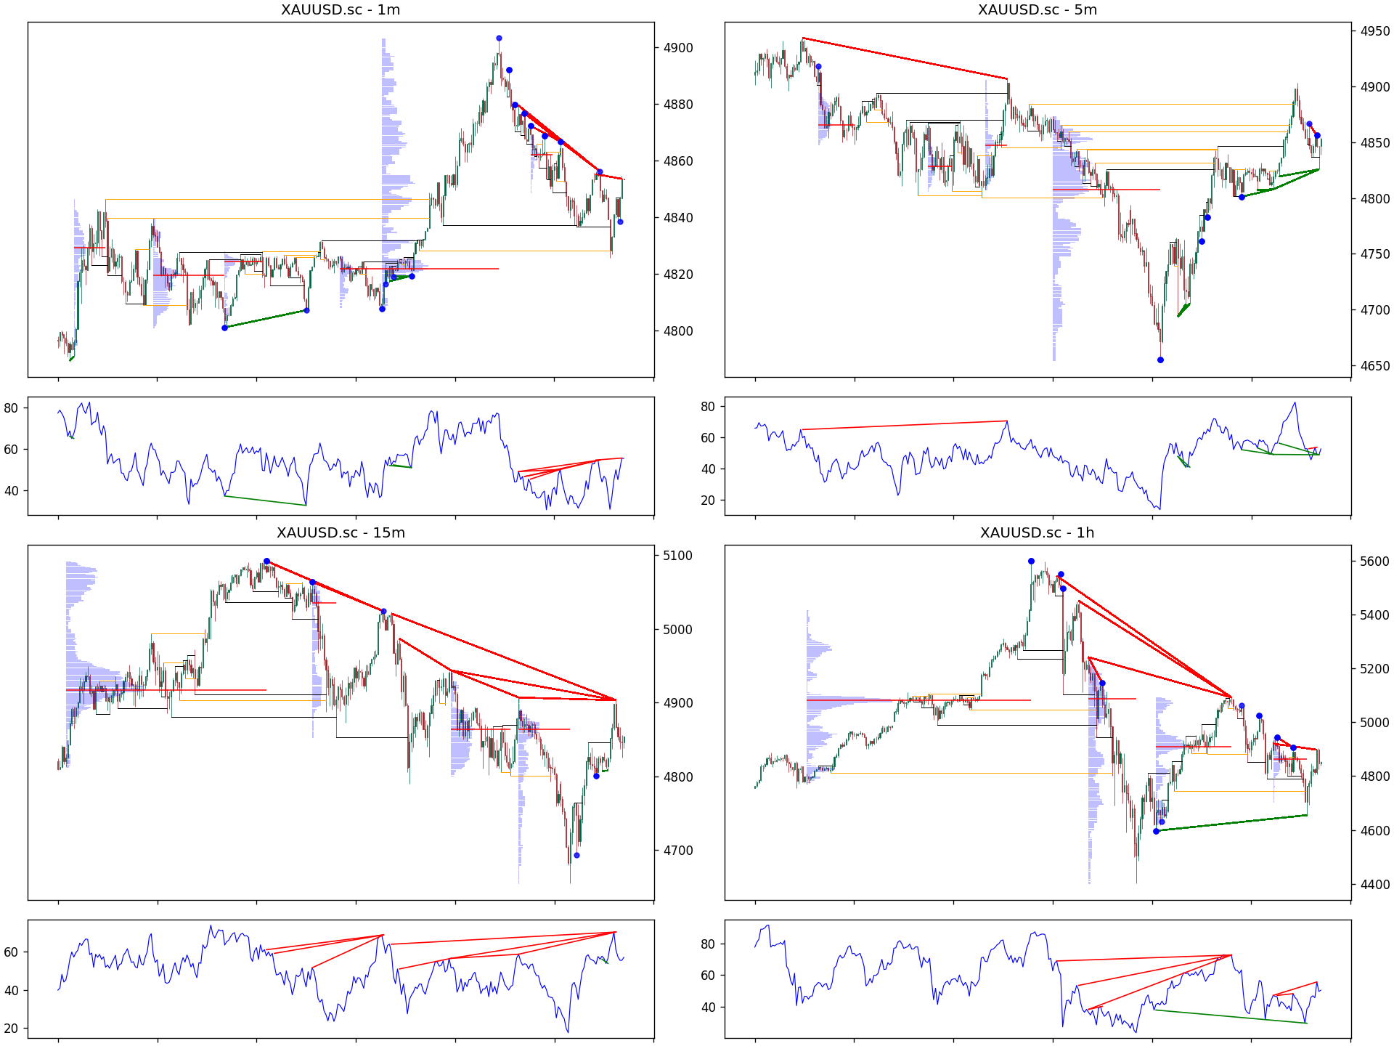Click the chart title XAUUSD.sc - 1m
341,10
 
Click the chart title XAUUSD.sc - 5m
1038,10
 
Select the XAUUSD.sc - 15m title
341,533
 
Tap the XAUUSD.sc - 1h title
1038,533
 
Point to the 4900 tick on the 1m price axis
678,48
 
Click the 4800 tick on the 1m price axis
678,331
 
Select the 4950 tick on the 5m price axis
1375,31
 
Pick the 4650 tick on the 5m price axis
1375,366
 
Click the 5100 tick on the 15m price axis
678,556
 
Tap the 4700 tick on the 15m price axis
678,851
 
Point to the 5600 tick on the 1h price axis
1375,561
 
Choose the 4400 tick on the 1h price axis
1375,885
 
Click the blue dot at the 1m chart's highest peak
499,38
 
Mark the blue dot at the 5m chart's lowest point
1160,360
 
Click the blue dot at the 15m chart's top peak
266,561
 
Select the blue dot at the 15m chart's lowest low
576,855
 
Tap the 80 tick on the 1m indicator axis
11,408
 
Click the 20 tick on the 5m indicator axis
708,500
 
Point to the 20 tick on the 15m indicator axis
11,1029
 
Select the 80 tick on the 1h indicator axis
708,944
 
